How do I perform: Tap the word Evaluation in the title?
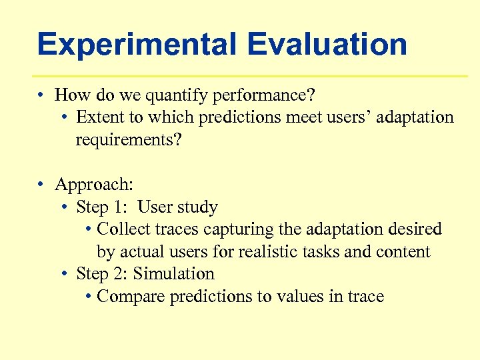tap(327, 45)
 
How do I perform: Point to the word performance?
tap(264, 96)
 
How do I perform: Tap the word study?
tap(196, 207)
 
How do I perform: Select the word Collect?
tap(123, 229)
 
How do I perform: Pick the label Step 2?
tap(102, 274)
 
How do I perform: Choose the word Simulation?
tap(174, 274)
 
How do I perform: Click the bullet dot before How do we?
tap(41, 96)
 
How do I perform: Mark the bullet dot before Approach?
tap(41, 185)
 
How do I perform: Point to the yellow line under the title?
tap(250, 76)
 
